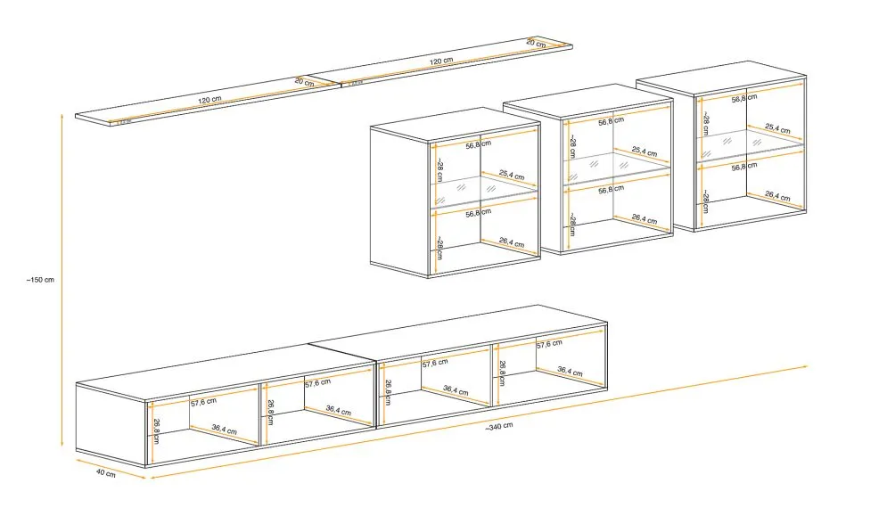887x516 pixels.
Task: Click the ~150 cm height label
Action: pyautogui.click(x=41, y=279)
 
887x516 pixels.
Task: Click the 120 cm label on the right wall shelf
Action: pyautogui.click(x=440, y=61)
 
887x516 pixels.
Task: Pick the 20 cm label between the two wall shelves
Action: pyautogui.click(x=304, y=82)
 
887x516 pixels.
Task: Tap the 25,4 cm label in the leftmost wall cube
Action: pyautogui.click(x=512, y=176)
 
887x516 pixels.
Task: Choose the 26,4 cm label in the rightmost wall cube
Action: pyautogui.click(x=777, y=196)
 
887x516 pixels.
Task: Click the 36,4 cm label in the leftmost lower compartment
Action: pyautogui.click(x=224, y=430)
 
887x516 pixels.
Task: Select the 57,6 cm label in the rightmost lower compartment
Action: pyautogui.click(x=549, y=343)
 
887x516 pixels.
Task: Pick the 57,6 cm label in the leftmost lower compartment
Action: pyautogui.click(x=204, y=403)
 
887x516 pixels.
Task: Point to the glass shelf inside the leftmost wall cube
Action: pyautogui.click(x=486, y=192)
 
